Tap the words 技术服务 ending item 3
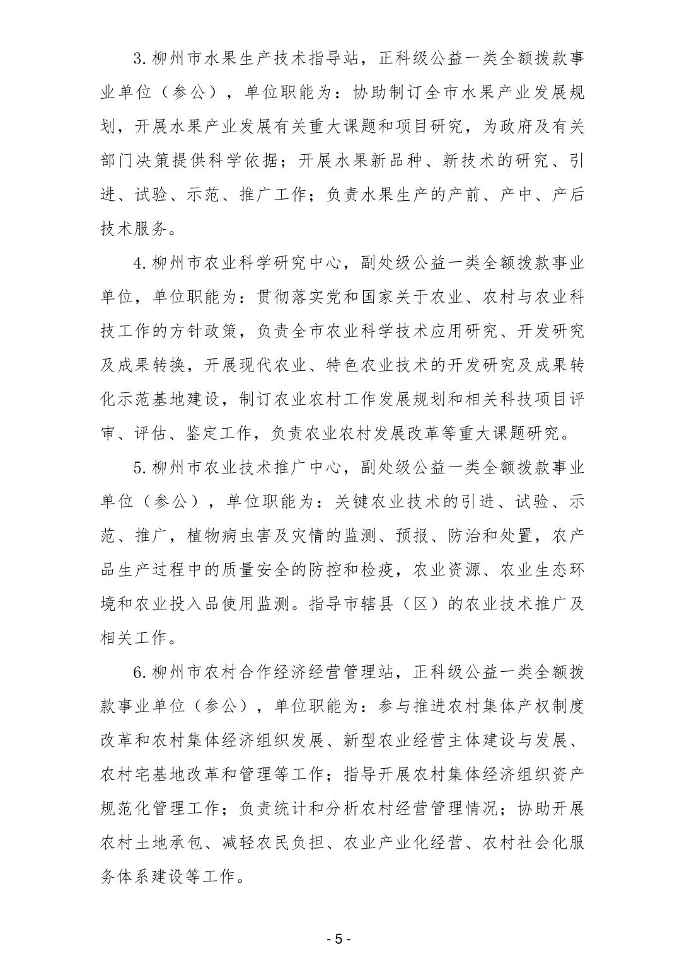pyautogui.click(x=134, y=229)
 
